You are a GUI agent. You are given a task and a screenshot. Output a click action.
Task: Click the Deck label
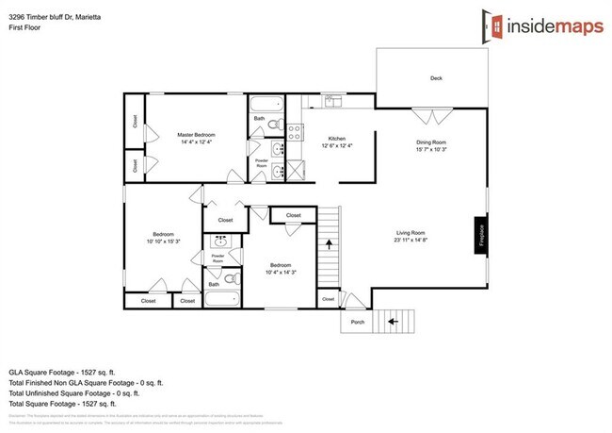pyautogui.click(x=436, y=78)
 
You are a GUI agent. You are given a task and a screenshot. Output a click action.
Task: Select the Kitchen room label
pyautogui.click(x=338, y=136)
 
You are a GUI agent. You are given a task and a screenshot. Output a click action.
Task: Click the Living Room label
pyautogui.click(x=411, y=233)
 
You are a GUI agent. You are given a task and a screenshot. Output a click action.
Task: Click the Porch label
pyautogui.click(x=358, y=322)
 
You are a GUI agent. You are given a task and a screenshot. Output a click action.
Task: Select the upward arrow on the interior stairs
pyautogui.click(x=329, y=242)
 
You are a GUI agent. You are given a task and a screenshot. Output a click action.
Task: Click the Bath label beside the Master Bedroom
pyautogui.click(x=259, y=119)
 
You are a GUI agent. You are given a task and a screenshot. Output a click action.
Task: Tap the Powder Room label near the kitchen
pyautogui.click(x=262, y=163)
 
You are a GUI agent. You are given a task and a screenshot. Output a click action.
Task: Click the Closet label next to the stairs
pyautogui.click(x=328, y=299)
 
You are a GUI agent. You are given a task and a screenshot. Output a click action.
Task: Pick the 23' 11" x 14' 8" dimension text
pyautogui.click(x=411, y=241)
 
